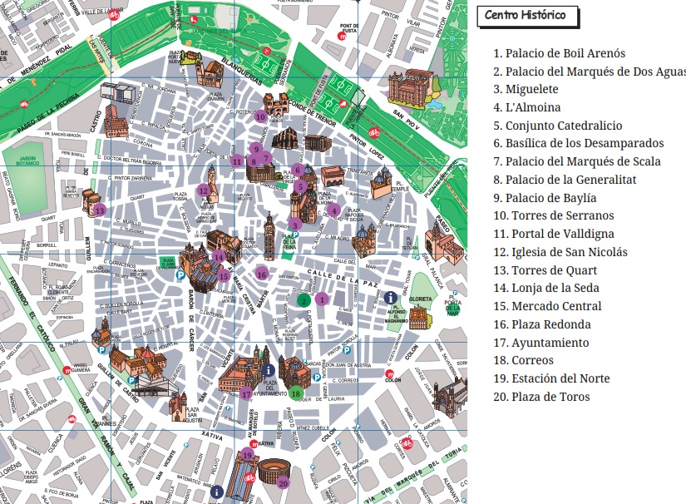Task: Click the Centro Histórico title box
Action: click(527, 16)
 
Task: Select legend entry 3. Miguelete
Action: click(526, 89)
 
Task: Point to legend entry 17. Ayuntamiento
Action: click(540, 343)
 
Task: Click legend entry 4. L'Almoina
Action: click(527, 107)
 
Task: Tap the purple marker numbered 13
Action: click(100, 210)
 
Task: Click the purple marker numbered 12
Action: click(203, 190)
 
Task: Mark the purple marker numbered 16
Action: click(262, 274)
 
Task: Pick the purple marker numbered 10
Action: click(260, 117)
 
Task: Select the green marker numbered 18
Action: click(295, 393)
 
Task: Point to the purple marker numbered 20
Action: click(283, 482)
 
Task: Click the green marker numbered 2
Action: click(304, 300)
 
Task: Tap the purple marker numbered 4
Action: click(334, 210)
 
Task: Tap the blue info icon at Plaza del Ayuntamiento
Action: click(267, 370)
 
